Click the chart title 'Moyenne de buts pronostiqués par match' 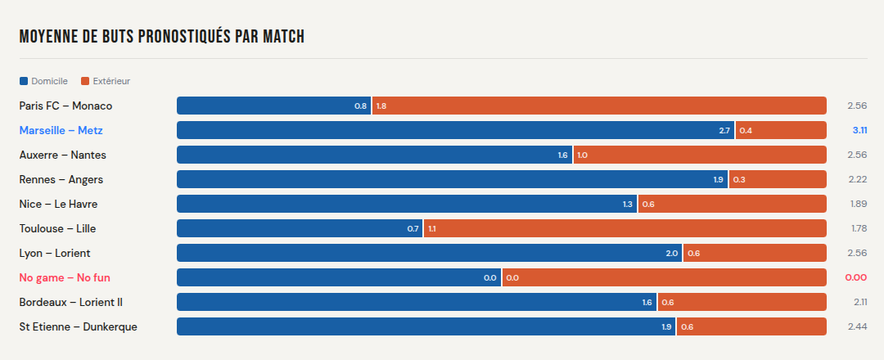[x=162, y=37]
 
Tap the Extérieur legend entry [x=106, y=81]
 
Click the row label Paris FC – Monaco [x=65, y=106]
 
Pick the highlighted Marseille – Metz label [x=61, y=130]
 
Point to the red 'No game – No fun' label [x=65, y=277]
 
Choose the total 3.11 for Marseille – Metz [x=859, y=130]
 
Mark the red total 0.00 [x=855, y=277]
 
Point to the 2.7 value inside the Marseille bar [x=724, y=130]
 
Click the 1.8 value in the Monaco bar [x=381, y=106]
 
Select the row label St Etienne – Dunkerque [x=78, y=326]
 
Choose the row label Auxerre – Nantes [x=62, y=155]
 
